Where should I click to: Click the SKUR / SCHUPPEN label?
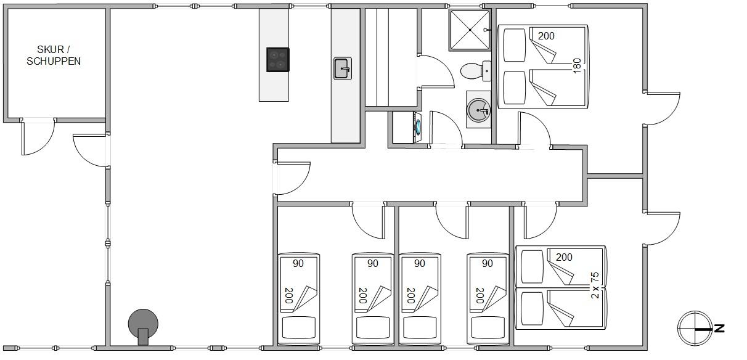[54, 55]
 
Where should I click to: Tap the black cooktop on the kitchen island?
[278, 60]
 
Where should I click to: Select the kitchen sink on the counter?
[343, 68]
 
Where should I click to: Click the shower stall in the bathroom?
[470, 30]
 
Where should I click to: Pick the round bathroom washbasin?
[478, 110]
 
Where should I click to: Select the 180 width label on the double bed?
[577, 66]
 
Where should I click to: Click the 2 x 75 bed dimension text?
[595, 285]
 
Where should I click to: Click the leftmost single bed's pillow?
[299, 327]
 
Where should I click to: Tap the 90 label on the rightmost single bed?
[488, 264]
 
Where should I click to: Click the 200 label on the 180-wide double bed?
[546, 36]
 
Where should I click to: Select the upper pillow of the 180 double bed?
[515, 45]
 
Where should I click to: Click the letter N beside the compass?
[719, 329]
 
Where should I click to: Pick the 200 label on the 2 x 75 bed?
[564, 257]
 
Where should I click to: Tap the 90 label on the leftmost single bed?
[298, 264]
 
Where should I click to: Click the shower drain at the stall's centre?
[470, 30]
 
